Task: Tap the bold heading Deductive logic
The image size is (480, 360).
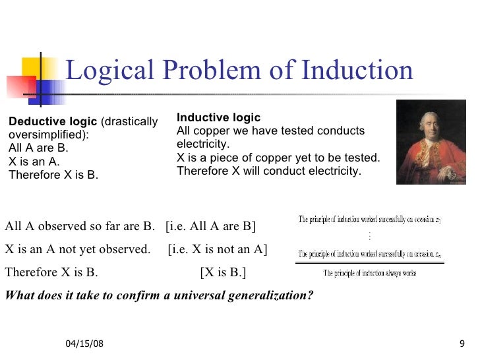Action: (52, 122)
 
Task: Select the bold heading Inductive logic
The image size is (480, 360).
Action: (218, 117)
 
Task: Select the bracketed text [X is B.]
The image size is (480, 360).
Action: (224, 272)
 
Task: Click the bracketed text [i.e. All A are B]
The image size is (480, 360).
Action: (210, 227)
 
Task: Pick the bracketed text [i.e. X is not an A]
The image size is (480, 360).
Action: (218, 250)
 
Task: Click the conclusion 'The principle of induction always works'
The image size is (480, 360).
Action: (369, 272)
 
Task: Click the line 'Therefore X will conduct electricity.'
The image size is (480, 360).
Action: (269, 171)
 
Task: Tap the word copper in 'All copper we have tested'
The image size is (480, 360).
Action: (207, 131)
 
